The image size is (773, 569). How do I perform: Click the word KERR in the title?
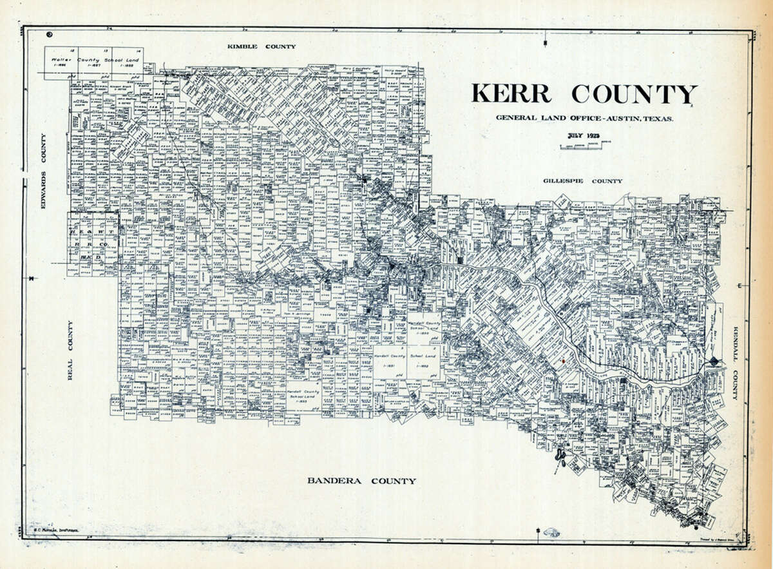[x=511, y=94]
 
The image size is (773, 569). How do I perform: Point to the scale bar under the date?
[x=582, y=146]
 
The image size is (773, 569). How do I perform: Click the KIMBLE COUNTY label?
[x=261, y=46]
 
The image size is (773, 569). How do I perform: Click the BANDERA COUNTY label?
[x=361, y=481]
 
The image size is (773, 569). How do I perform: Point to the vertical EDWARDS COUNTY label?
[x=44, y=165]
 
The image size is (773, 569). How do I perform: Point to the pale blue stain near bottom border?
[x=552, y=533]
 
